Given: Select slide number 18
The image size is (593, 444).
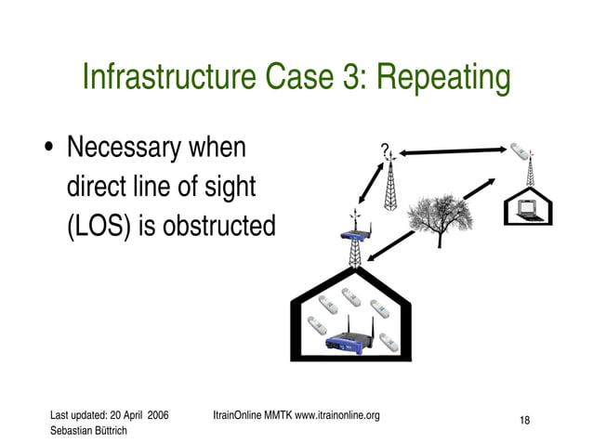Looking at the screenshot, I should click(524, 421).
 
